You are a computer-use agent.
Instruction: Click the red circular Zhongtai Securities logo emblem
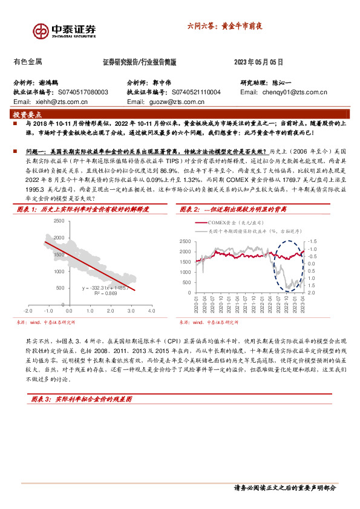point(41,30)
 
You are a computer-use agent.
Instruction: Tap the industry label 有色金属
point(27,62)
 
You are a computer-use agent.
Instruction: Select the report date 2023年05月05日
point(258,62)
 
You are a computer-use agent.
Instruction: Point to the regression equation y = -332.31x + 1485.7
point(106,289)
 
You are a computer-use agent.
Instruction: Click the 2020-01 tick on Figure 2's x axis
point(197,302)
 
